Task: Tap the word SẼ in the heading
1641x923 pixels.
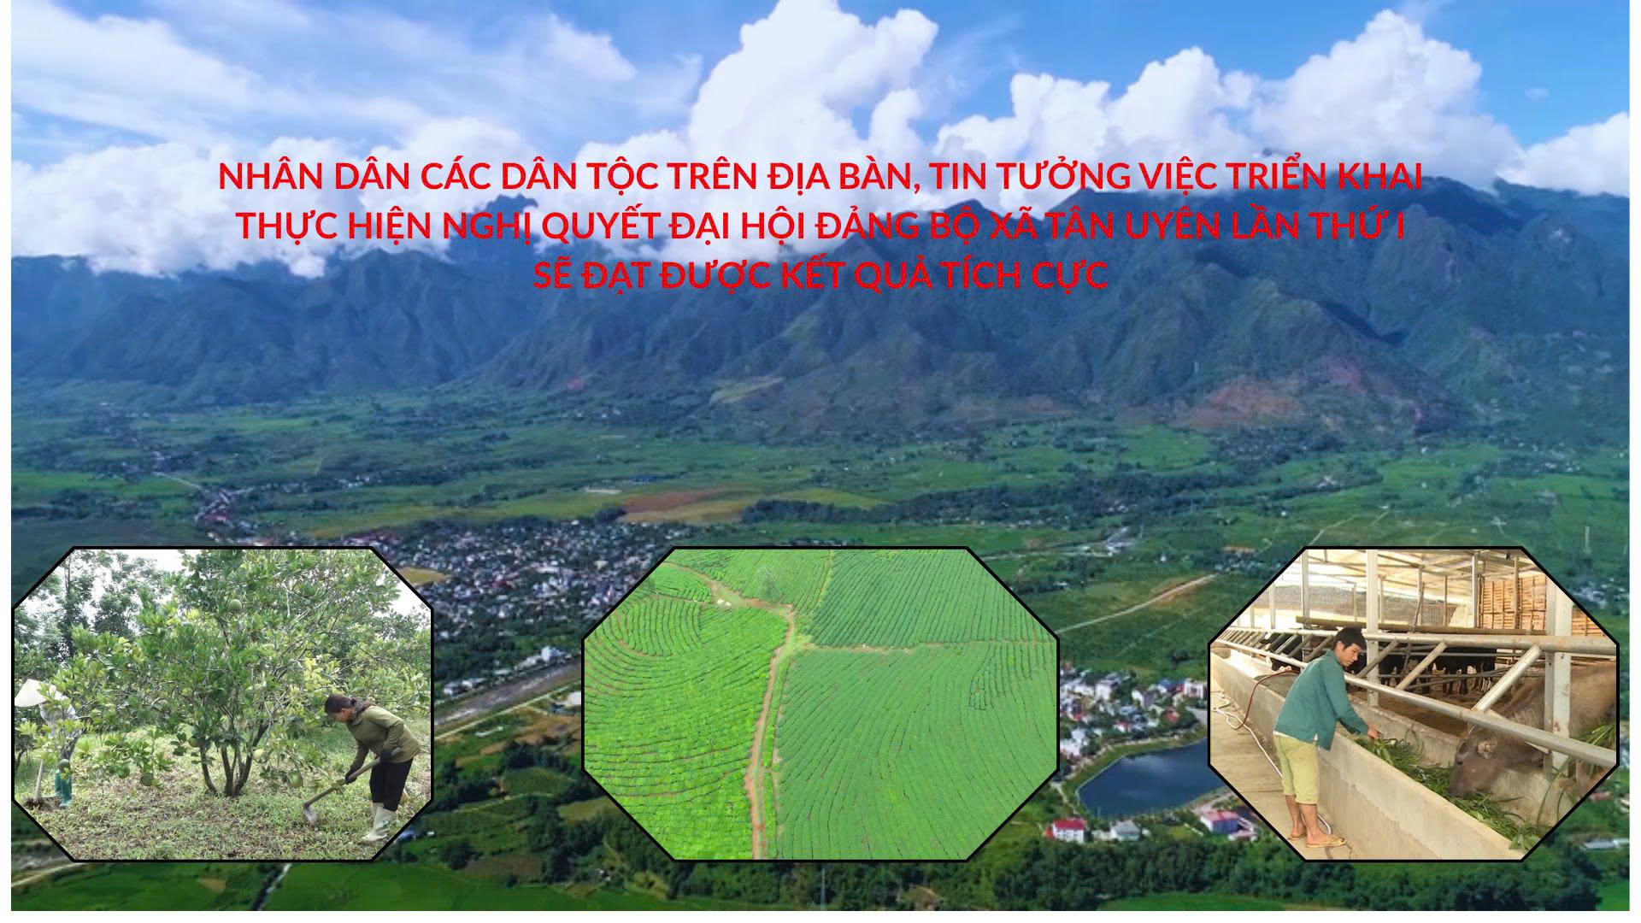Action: (553, 275)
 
